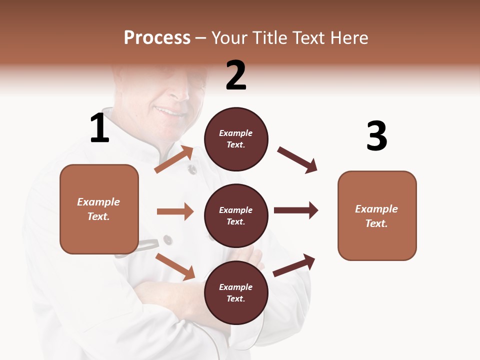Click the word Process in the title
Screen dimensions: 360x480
tap(157, 38)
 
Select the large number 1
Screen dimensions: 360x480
tap(99, 128)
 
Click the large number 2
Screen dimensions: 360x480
tap(236, 75)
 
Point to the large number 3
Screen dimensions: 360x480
tap(376, 136)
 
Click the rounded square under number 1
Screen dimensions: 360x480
tap(99, 209)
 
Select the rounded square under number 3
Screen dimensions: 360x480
tap(377, 215)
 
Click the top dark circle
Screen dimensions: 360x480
tap(236, 139)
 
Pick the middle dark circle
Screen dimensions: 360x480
tap(236, 215)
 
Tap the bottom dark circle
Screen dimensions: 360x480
tap(236, 292)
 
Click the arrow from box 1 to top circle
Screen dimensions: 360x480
tap(174, 159)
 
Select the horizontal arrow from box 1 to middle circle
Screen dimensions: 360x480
tap(175, 211)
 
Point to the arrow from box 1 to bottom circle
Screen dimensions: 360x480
tap(175, 266)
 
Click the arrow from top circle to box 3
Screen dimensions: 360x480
tap(297, 160)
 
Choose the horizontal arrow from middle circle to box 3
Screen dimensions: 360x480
tap(296, 210)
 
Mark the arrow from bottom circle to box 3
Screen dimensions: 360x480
tap(294, 265)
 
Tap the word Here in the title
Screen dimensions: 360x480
tap(348, 38)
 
